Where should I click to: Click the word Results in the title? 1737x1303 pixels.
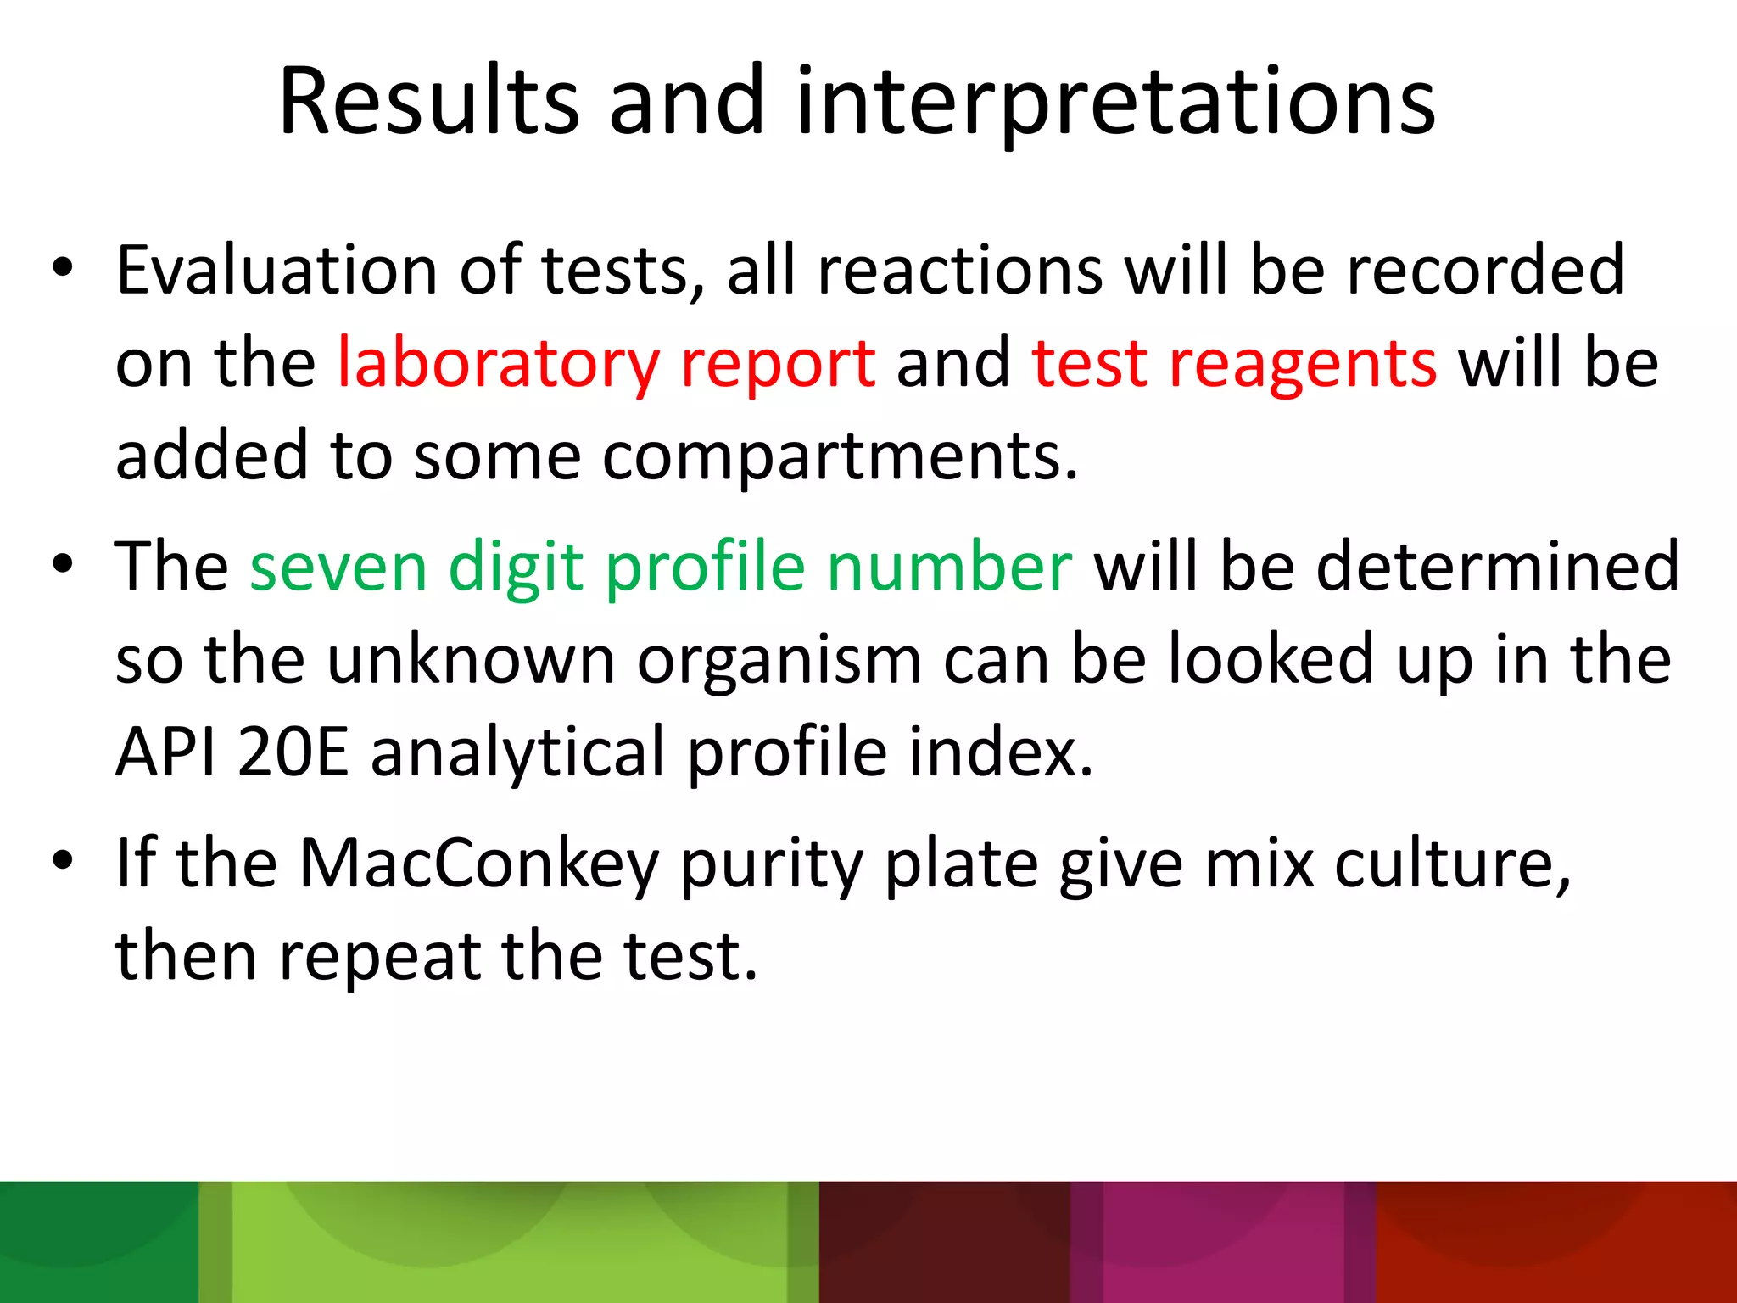[428, 102]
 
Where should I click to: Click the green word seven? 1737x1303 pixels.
[338, 567]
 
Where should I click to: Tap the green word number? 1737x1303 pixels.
[950, 567]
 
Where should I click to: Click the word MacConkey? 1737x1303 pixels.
[479, 864]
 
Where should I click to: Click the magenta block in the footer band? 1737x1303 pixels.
[1221, 1242]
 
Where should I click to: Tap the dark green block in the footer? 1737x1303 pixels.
[98, 1242]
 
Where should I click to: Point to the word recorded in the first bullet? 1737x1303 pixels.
[1485, 271]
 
